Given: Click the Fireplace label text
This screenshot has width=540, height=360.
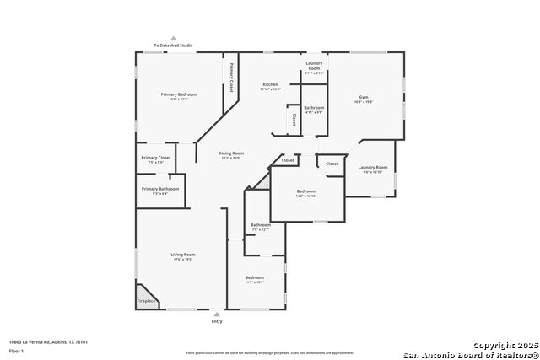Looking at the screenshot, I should pos(146,301).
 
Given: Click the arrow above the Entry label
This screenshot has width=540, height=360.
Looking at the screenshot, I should pos(217,314).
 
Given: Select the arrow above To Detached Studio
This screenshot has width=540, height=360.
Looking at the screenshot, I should pos(174,38).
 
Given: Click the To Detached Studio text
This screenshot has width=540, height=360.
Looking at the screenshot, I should pos(173,46).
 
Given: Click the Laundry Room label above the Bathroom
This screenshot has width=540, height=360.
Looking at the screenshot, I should pos(314,67).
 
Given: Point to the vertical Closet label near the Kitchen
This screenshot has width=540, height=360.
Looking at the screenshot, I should pos(294,120).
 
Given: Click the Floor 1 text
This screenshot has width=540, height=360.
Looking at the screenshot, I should pos(16,350).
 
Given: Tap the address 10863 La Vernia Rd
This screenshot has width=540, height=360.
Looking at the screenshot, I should pos(48,341).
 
